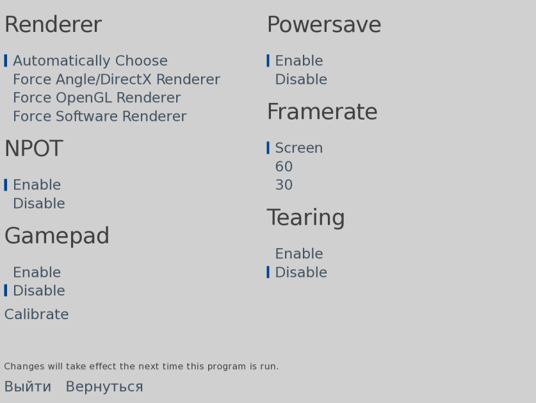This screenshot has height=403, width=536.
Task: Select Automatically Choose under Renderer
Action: [90, 61]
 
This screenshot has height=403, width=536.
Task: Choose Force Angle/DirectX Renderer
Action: [117, 79]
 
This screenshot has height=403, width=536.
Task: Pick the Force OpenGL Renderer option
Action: [97, 98]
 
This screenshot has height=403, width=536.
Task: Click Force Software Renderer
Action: [100, 116]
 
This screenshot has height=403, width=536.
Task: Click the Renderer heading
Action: [53, 24]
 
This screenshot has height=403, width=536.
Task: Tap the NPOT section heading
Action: [33, 148]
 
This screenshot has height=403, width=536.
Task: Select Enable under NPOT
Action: [37, 185]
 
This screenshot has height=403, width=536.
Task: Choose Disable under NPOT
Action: [39, 203]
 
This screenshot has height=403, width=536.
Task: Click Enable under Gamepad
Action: [37, 273]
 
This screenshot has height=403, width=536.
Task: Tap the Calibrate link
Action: [37, 314]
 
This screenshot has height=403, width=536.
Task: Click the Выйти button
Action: [28, 386]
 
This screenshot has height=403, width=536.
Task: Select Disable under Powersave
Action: [301, 79]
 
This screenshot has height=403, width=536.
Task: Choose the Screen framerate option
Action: [299, 148]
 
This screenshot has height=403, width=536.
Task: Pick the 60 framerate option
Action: [284, 167]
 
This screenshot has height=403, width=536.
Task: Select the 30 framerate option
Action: [284, 185]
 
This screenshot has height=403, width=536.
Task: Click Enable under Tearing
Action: [299, 254]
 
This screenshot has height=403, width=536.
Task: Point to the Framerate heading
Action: [322, 112]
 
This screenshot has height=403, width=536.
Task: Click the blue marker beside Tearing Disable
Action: [268, 273]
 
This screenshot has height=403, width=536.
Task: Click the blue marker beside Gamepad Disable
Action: [6, 290]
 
